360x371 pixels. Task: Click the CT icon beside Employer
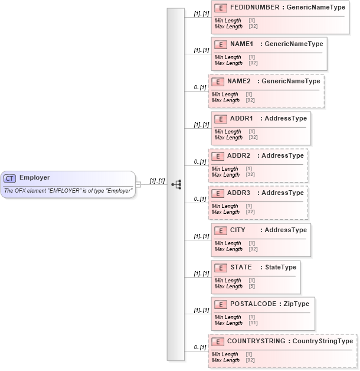[9, 178]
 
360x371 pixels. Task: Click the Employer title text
[34, 178]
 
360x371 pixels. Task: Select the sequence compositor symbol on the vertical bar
[176, 184]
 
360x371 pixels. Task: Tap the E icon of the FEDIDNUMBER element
[221, 8]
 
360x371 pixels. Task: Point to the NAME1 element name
[242, 44]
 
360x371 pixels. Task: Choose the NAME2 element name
[239, 82]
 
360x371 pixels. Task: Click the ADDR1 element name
[242, 119]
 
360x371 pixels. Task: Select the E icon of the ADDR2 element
[218, 156]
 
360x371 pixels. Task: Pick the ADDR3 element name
[239, 193]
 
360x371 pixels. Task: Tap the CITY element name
[238, 230]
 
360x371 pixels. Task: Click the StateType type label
[280, 268]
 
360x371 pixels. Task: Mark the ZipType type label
[294, 304]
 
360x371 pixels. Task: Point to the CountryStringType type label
[323, 341]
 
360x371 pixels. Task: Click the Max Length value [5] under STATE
[252, 287]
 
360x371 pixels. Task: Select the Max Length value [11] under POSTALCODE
[253, 323]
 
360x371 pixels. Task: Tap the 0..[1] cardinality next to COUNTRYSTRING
[200, 347]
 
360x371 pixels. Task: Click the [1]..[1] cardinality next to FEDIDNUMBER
[201, 14]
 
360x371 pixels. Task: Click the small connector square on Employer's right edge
[138, 184]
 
